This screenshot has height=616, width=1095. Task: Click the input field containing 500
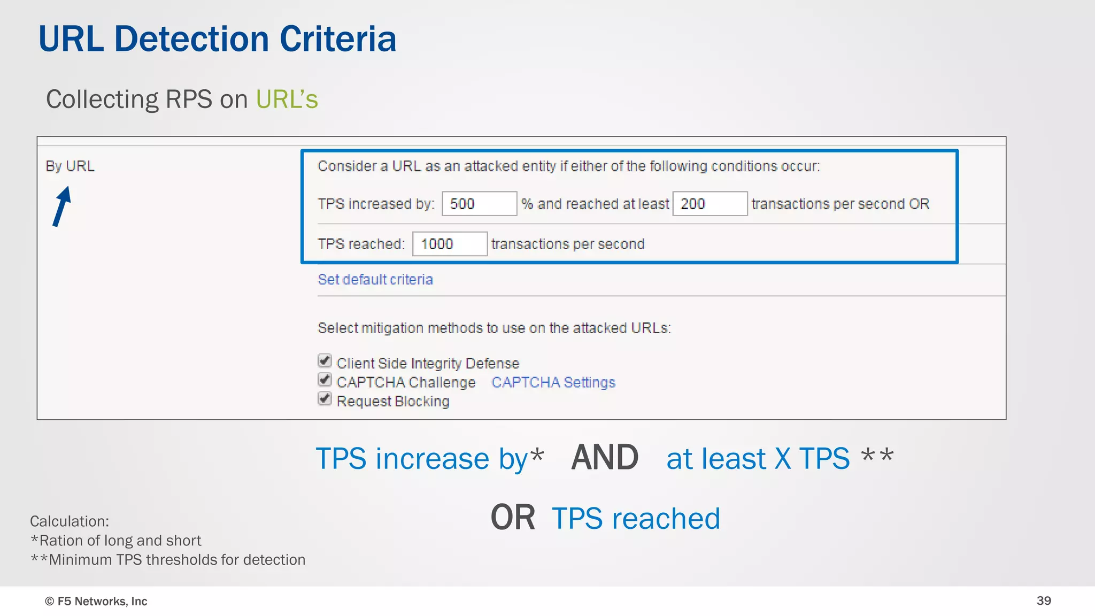(x=479, y=204)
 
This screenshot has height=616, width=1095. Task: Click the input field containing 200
(x=710, y=204)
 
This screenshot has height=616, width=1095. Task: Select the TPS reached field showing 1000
(x=449, y=244)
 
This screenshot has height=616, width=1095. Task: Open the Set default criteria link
(x=375, y=280)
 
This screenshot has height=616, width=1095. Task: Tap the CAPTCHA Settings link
(x=553, y=382)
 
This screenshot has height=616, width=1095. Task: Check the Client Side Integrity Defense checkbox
(x=325, y=361)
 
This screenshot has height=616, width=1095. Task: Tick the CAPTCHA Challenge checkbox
(x=325, y=380)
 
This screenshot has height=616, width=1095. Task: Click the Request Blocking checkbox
(x=325, y=399)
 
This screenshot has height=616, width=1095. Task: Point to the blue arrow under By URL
(x=62, y=206)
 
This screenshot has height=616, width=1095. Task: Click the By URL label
(x=70, y=166)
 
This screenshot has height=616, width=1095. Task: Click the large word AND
(x=605, y=458)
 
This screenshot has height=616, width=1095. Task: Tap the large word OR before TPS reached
(x=512, y=518)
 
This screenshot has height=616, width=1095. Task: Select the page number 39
(x=1044, y=601)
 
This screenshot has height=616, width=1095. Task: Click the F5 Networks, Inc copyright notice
(x=96, y=602)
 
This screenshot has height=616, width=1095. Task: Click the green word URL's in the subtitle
(x=287, y=99)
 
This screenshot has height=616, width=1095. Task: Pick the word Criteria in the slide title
(x=338, y=39)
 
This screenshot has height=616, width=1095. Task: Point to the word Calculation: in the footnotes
(x=70, y=521)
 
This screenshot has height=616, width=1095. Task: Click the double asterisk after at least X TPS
(x=877, y=456)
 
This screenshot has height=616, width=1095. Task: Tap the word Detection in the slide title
(x=191, y=39)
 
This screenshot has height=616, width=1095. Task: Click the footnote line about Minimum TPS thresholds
(x=168, y=560)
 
